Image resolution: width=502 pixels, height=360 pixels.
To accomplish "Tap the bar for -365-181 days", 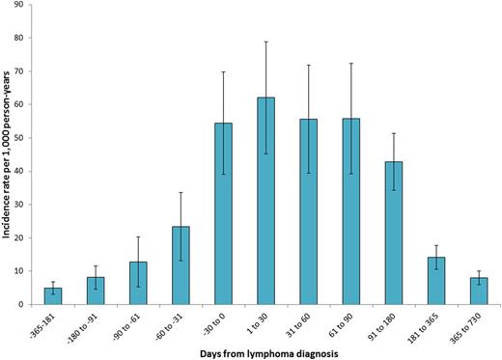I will pyautogui.click(x=53, y=295).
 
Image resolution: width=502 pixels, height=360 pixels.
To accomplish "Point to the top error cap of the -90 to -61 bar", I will pyautogui.click(x=138, y=236).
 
